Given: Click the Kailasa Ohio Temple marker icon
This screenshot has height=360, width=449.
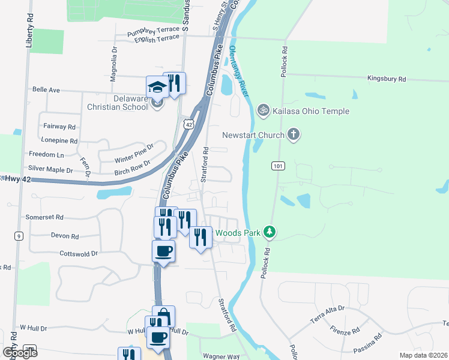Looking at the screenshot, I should tap(262, 111).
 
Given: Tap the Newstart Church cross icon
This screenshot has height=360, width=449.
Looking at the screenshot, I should tap(294, 134).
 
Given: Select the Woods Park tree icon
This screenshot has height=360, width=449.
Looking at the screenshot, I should tap(270, 232).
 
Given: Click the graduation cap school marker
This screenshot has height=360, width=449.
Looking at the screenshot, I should tap(157, 88).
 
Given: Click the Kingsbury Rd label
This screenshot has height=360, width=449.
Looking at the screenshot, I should tap(387, 79).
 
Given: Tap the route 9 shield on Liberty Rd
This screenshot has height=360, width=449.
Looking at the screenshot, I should tap(20, 236).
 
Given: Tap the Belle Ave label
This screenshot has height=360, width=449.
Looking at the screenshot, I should tap(46, 89).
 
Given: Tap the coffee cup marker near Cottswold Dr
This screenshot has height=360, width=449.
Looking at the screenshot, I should tap(163, 251).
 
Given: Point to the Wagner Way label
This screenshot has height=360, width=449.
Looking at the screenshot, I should tap(221, 356).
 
